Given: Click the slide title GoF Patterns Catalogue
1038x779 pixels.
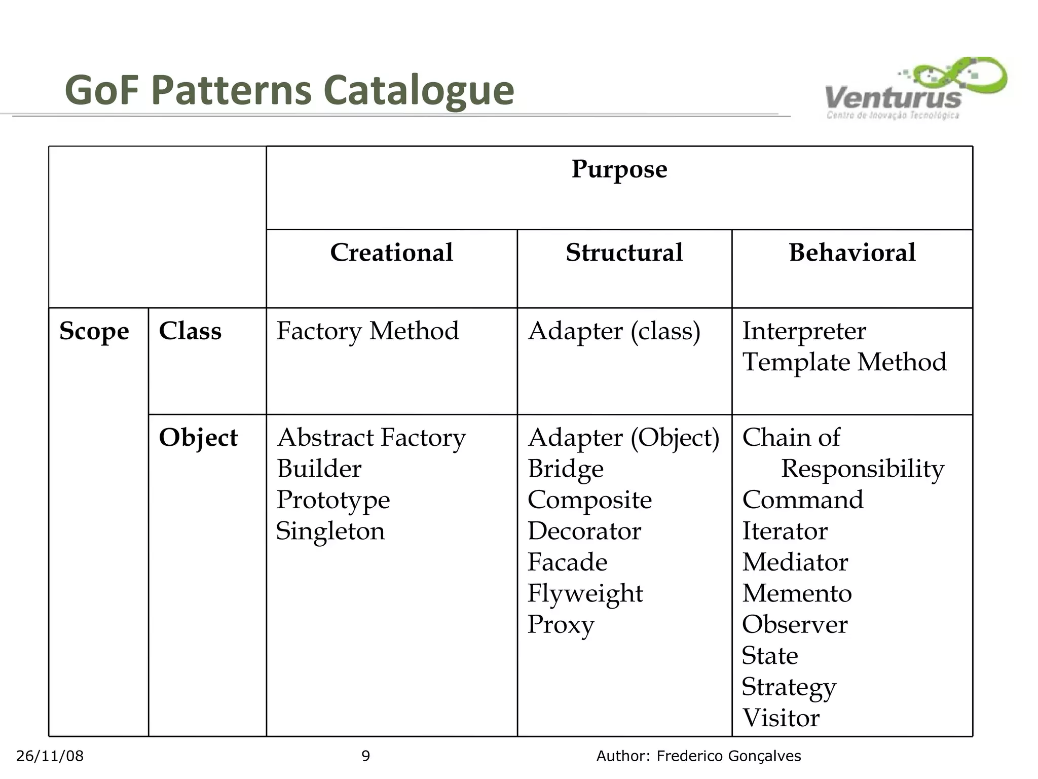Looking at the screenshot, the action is click(x=289, y=90).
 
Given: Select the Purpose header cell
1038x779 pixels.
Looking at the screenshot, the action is click(x=619, y=169).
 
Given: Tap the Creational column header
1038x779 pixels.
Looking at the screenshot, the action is click(x=391, y=253).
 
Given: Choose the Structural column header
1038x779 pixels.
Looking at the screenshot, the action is click(x=624, y=253).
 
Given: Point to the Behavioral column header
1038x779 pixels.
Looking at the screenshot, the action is click(x=852, y=253).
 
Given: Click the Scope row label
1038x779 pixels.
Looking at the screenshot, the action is click(x=94, y=331).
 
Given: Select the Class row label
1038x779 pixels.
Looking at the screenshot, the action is click(x=190, y=331).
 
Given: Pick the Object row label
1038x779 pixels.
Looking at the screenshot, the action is click(x=198, y=438).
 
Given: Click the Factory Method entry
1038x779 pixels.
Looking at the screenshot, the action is click(x=367, y=331).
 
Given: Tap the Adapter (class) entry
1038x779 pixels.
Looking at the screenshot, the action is click(x=614, y=331).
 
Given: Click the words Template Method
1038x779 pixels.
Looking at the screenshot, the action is click(x=844, y=363).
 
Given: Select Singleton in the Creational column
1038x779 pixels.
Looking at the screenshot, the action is click(x=330, y=532).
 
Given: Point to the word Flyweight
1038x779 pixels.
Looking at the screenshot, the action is click(x=585, y=593).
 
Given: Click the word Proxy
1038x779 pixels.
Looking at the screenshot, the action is click(x=561, y=625).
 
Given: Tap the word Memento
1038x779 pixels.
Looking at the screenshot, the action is click(x=797, y=593).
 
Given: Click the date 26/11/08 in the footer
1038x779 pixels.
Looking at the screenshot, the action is click(x=50, y=756).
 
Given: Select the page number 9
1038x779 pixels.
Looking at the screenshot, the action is click(x=365, y=756).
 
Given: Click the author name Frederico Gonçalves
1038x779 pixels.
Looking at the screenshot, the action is click(x=728, y=756).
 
